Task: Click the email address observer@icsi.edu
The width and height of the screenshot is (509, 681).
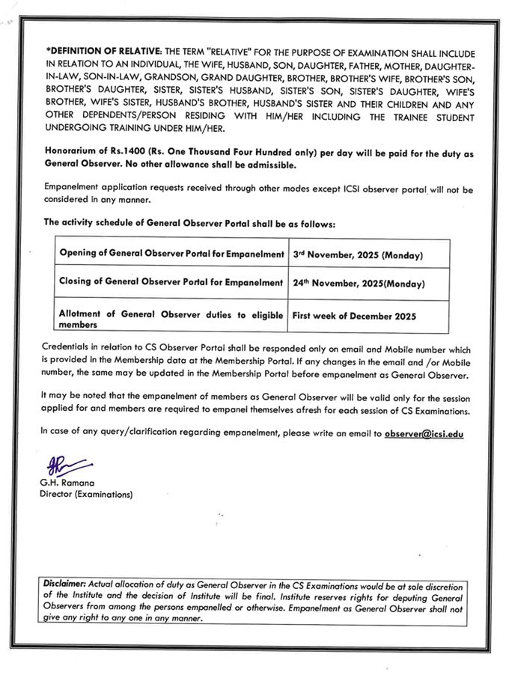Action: point(424,434)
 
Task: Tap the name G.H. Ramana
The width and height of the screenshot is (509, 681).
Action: point(68,483)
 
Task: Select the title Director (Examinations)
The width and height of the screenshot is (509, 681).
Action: point(87,495)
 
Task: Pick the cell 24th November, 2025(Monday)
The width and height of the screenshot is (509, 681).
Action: point(359,284)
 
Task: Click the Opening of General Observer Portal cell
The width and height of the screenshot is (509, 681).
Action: point(171,254)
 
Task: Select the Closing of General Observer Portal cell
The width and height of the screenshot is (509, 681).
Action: point(171,283)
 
